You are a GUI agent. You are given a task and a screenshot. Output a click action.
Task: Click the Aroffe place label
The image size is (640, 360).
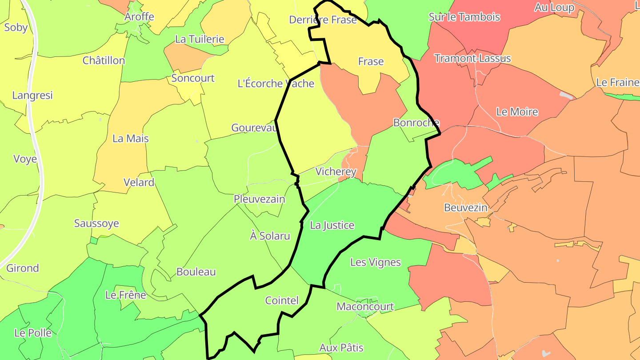139,17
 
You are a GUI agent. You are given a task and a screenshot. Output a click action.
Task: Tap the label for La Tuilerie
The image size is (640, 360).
200,39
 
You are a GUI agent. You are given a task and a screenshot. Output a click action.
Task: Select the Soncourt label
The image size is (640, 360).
193,78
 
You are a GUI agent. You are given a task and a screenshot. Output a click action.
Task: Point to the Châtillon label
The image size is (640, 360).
104,60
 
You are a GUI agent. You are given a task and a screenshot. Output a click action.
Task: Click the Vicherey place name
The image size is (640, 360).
336,172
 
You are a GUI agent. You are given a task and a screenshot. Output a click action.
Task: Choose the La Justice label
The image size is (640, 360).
332,225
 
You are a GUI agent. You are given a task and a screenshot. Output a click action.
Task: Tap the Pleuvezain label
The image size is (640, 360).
260,199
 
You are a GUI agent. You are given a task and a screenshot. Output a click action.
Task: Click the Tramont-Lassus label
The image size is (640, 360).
472,58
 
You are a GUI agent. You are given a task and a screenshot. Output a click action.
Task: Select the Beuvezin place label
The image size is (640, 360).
466,208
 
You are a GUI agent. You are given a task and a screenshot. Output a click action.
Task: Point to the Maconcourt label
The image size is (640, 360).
365,306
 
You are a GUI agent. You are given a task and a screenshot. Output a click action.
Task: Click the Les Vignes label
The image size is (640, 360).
376,262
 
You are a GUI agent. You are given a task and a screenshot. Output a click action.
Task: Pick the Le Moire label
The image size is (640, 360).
517,112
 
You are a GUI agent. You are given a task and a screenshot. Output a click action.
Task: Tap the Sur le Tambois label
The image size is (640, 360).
464,17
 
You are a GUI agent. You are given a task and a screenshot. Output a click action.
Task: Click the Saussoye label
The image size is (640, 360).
96,223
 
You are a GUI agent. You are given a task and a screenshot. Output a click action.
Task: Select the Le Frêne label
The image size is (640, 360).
125,295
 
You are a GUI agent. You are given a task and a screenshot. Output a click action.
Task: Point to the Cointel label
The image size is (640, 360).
282,300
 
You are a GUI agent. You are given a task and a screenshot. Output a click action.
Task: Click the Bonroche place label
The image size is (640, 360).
416,123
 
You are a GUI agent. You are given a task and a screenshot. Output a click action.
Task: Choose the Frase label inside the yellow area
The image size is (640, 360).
371,61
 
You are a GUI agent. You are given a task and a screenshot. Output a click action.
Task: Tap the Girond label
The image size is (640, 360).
23,268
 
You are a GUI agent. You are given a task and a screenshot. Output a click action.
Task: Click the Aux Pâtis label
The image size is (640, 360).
341,348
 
